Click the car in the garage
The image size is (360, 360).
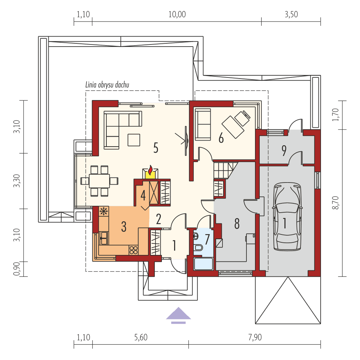click(287, 217)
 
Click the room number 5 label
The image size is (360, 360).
click(155, 148)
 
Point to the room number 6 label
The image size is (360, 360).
click(221, 138)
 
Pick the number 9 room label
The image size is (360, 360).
click(284, 151)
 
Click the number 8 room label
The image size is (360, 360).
click(236, 223)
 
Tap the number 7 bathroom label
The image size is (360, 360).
click(207, 239)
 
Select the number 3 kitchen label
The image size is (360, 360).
click(124, 226)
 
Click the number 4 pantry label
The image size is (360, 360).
click(143, 195)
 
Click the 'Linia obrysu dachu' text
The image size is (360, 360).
click(107, 85)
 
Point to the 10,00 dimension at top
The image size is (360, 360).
click(177, 14)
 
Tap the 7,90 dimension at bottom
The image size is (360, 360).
click(254, 337)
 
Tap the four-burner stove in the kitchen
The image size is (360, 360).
click(133, 250)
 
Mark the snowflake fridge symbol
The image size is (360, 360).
click(104, 211)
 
